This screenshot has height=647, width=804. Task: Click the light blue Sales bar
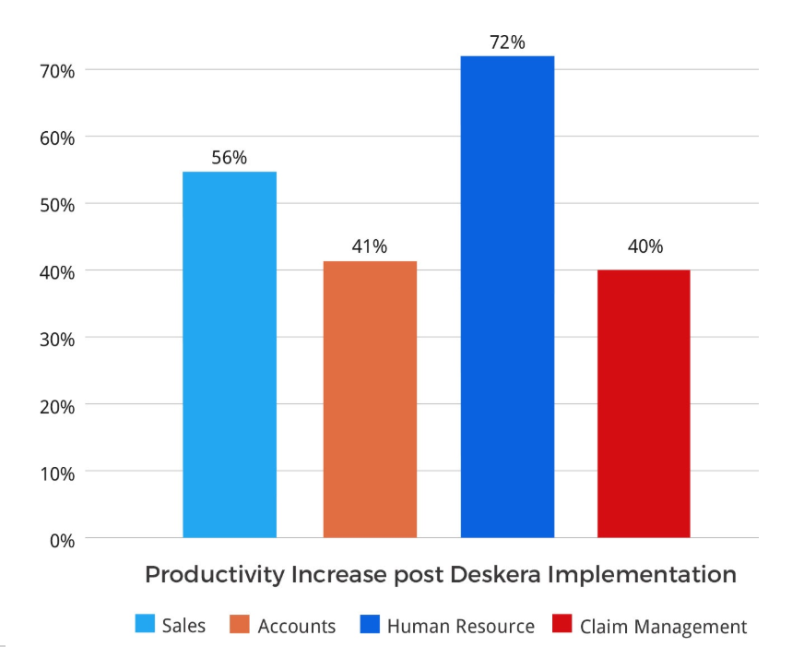[230, 354]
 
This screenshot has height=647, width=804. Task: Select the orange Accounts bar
[370, 399]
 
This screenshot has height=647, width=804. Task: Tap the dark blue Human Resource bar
[507, 296]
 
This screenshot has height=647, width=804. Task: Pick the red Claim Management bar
[644, 403]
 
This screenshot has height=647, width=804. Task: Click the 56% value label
[229, 158]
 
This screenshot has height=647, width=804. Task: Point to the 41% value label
[369, 247]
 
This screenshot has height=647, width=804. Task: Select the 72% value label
[507, 42]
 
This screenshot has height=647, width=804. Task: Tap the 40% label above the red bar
[644, 247]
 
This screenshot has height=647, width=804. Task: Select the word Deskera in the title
[497, 575]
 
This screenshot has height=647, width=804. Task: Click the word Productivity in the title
[215, 575]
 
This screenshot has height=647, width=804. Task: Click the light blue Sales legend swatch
[145, 625]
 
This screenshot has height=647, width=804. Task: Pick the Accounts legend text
[297, 627]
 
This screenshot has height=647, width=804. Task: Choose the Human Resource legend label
[460, 627]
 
